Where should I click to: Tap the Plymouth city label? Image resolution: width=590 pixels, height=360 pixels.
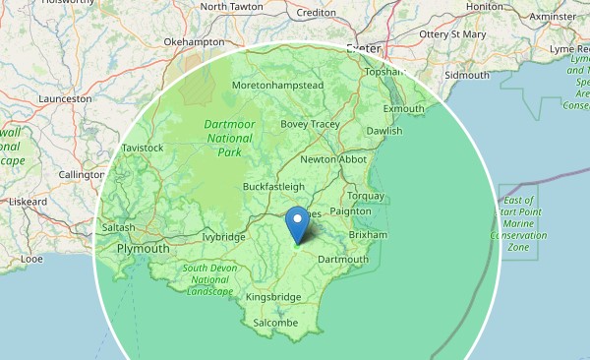(x=143, y=250)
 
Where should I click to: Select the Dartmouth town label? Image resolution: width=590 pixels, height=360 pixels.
(x=342, y=260)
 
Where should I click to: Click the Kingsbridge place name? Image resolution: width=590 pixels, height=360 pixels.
(x=272, y=296)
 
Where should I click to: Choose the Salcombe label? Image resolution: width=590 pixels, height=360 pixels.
(x=274, y=322)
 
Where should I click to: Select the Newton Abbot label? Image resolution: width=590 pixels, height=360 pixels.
(x=332, y=159)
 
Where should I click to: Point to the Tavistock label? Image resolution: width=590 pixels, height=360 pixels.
(x=142, y=148)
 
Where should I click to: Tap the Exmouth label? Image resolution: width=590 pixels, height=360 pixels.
(x=403, y=108)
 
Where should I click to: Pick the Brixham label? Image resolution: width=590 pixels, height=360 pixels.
(x=368, y=235)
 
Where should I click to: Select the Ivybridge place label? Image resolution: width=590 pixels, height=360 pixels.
(x=222, y=237)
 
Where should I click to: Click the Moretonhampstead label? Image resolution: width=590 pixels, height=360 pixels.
(x=277, y=86)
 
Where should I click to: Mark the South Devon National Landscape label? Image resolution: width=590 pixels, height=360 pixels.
(x=207, y=279)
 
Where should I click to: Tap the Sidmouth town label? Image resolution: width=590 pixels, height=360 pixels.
(x=466, y=75)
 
